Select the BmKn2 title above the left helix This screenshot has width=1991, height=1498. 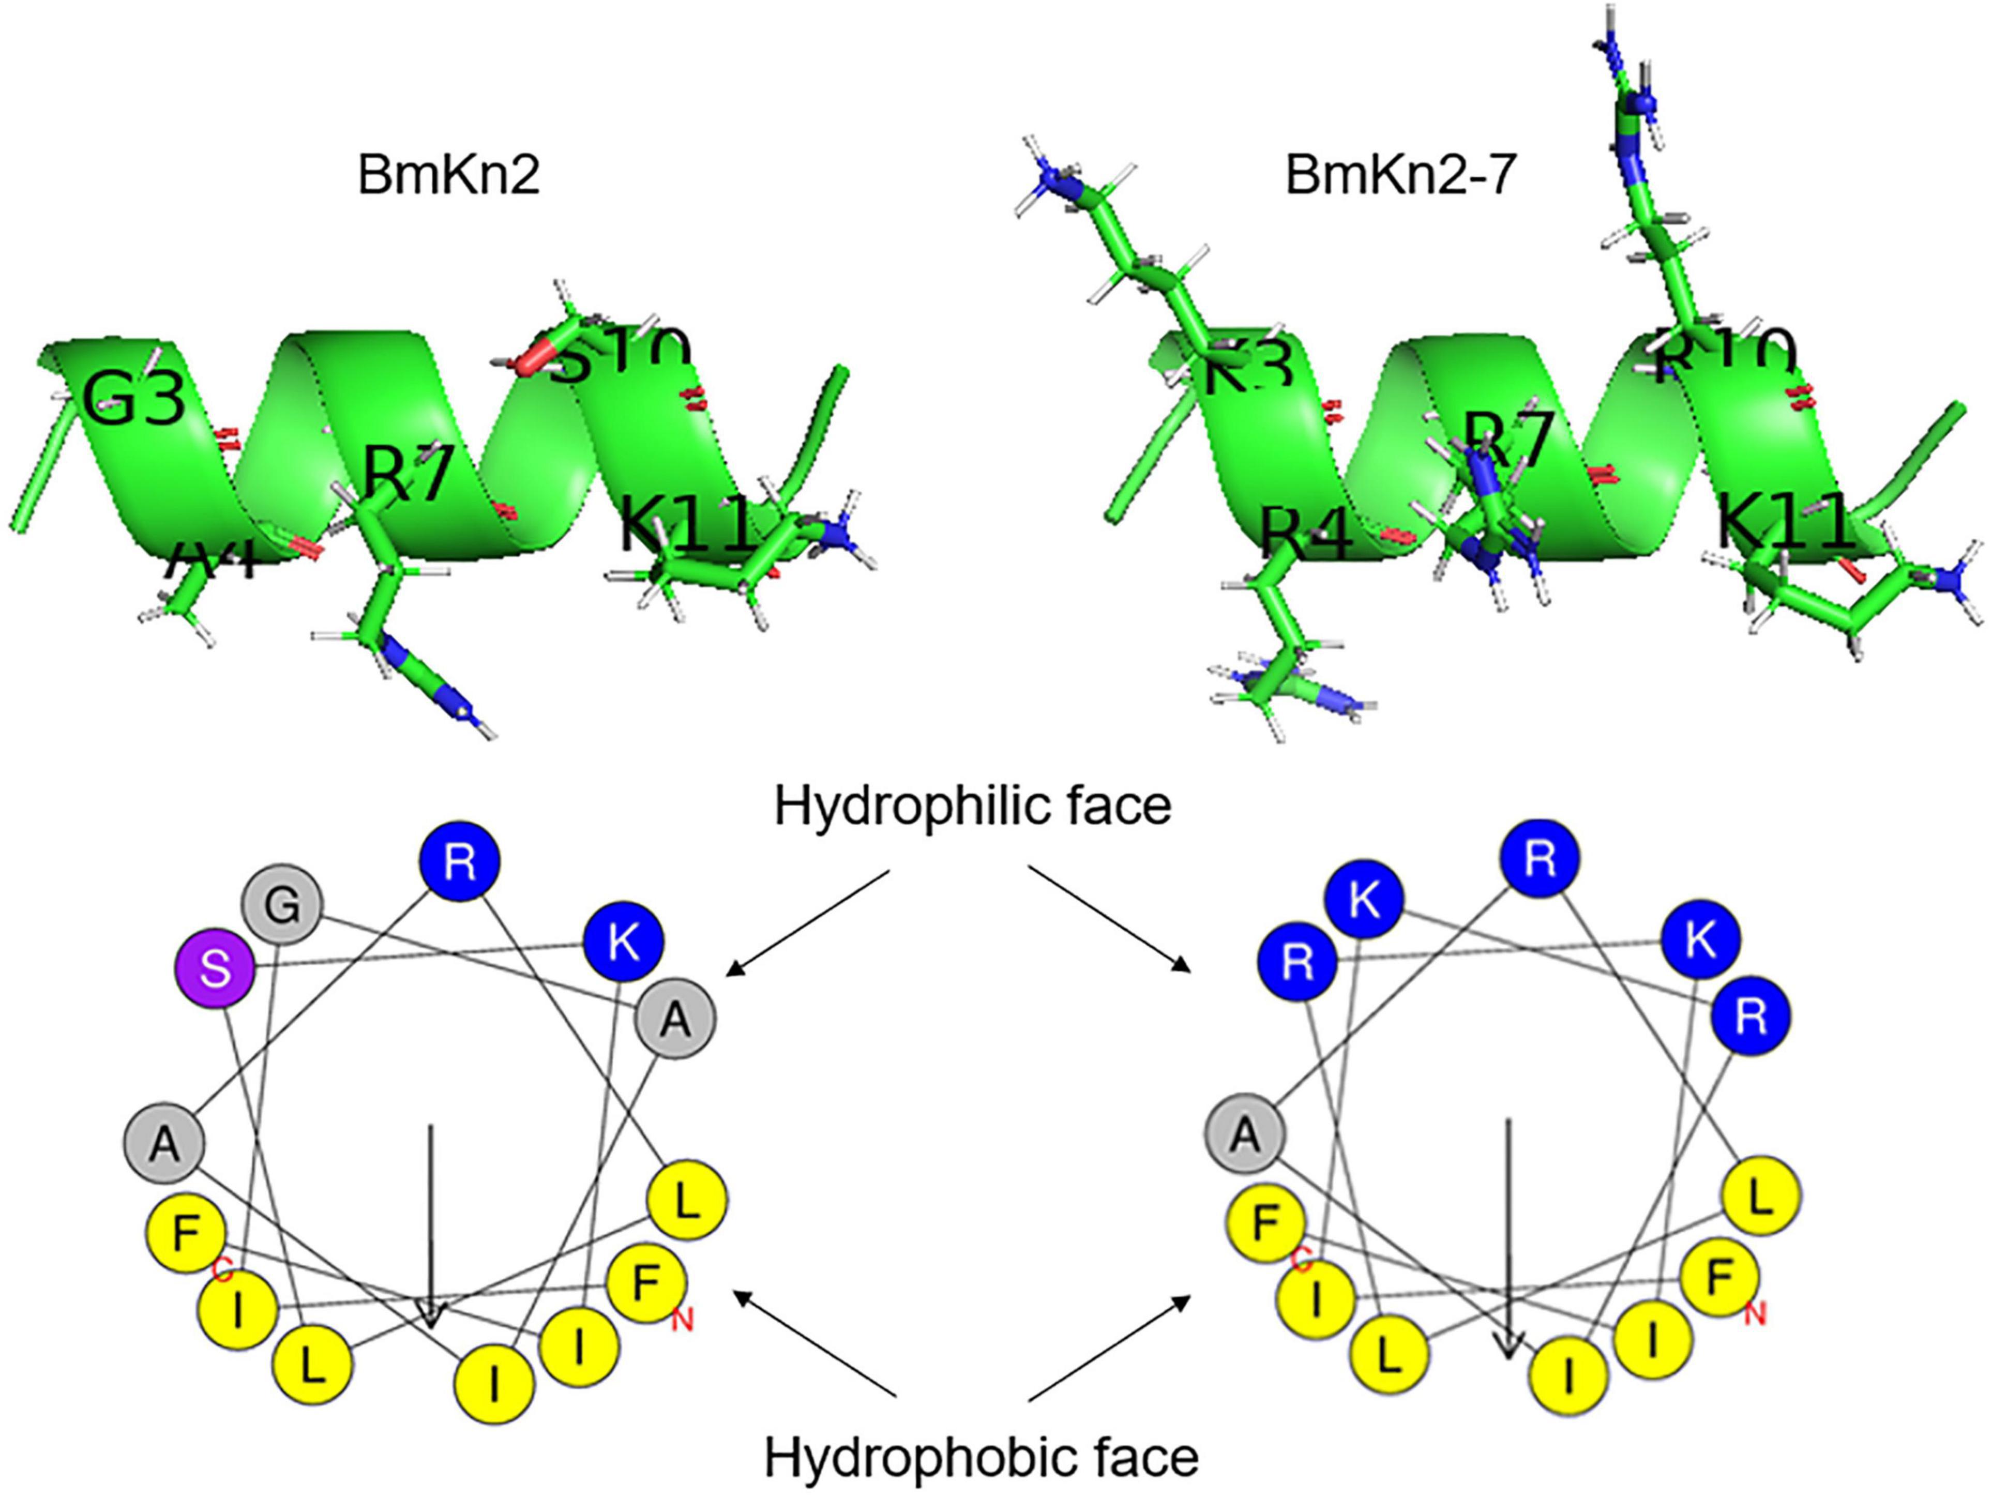click(448, 175)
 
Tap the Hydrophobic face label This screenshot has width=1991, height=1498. click(981, 1458)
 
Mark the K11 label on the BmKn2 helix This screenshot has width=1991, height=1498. click(684, 526)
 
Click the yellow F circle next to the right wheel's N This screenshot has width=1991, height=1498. click(1719, 1277)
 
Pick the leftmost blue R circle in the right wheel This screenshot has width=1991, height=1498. click(1296, 964)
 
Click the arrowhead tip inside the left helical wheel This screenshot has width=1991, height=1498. click(431, 1325)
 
